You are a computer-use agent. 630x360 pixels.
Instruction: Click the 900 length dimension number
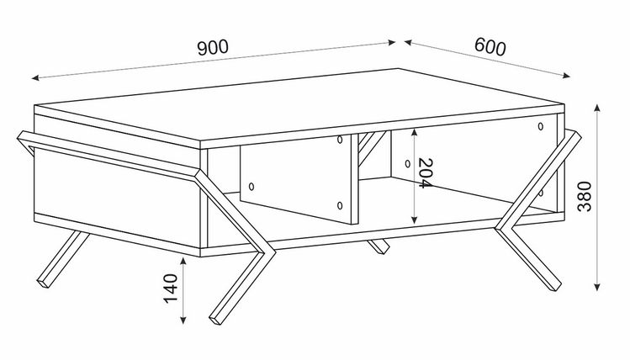pos(214,49)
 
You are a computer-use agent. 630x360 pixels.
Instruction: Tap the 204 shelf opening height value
pos(425,176)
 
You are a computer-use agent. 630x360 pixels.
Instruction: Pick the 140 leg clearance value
pos(172,289)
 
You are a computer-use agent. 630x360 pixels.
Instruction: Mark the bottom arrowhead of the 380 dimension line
pos(598,288)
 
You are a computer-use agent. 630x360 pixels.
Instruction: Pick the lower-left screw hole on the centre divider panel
pos(251,185)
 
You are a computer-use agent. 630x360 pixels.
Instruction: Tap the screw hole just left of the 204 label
pos(406,162)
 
